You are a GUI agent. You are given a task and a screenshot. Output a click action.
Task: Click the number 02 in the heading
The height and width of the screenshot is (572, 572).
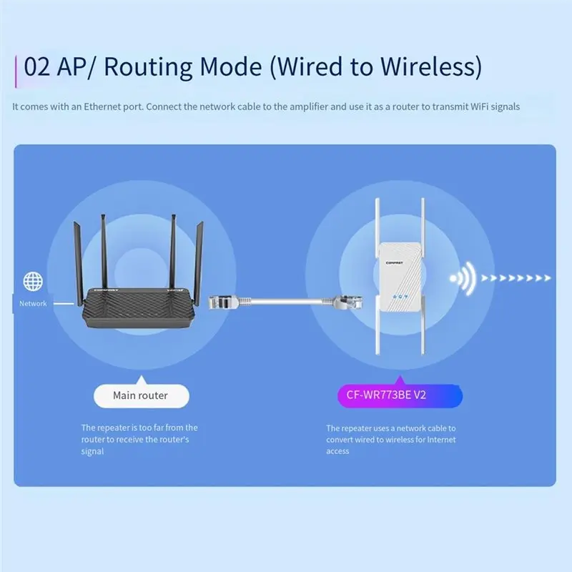(x=37, y=66)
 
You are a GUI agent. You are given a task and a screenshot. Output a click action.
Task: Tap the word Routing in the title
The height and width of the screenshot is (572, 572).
(x=148, y=68)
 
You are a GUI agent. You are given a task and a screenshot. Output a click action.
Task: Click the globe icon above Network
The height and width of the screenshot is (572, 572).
(x=33, y=281)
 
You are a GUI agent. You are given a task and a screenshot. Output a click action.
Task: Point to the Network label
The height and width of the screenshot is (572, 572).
(x=33, y=303)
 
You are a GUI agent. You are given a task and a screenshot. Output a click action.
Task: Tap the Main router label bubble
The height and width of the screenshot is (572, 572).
(x=141, y=395)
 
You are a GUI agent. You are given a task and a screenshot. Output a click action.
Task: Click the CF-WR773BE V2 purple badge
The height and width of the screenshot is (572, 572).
(x=400, y=395)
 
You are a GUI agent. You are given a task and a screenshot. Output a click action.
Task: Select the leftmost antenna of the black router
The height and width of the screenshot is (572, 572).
(x=79, y=262)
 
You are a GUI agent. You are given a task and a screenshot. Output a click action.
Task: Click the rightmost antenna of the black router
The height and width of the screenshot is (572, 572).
(x=199, y=263)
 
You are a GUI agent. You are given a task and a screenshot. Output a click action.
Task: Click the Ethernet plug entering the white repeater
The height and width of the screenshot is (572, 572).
(x=348, y=302)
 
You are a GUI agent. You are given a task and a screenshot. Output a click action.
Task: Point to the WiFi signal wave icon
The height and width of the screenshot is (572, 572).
(x=463, y=278)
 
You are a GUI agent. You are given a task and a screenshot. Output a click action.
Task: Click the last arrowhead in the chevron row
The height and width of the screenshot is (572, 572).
(x=547, y=278)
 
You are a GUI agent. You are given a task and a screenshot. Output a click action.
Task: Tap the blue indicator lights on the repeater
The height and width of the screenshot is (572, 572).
(x=400, y=297)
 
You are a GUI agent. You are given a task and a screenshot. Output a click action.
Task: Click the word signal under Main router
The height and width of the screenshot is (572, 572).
(x=92, y=452)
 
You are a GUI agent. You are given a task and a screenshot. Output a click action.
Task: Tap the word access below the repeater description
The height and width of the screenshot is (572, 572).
(x=337, y=452)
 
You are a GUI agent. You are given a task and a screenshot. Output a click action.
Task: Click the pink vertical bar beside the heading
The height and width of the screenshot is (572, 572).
(x=16, y=71)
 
